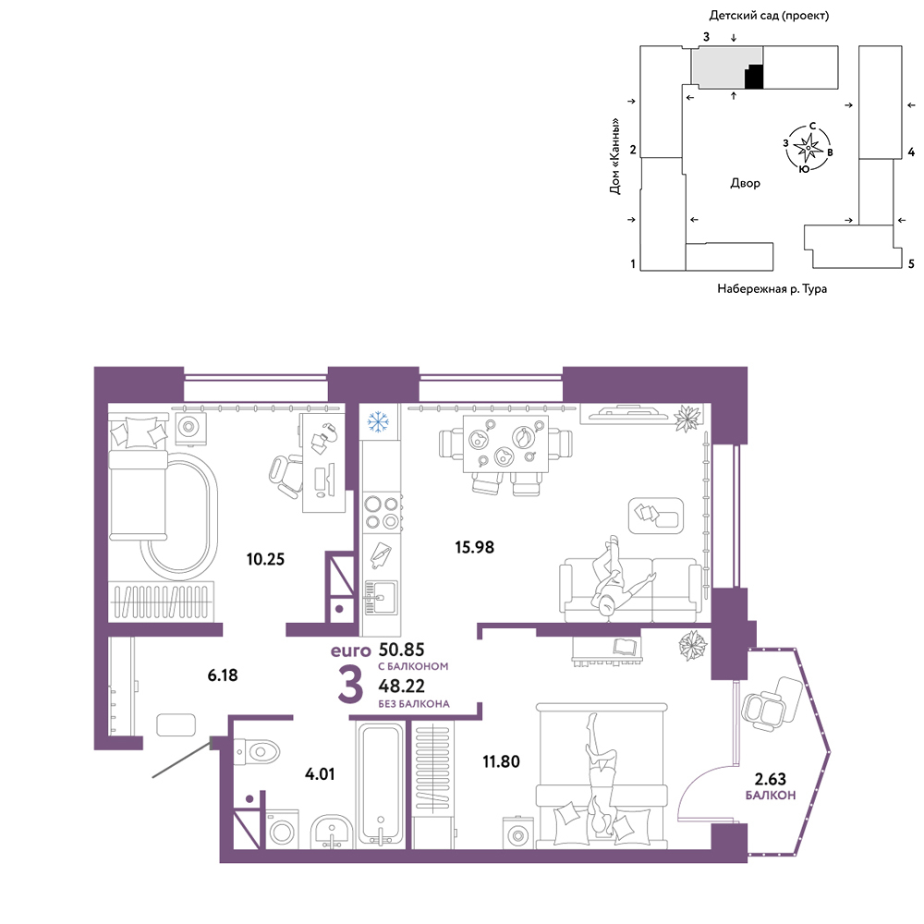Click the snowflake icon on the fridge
378,421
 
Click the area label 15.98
474,547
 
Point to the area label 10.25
265,559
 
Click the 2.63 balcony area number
771,779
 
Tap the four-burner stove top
381,513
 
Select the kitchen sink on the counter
381,597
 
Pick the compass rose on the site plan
808,147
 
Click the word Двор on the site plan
745,183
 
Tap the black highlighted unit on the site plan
755,78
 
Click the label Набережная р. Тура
772,288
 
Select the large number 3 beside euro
350,687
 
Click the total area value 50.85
401,650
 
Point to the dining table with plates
505,444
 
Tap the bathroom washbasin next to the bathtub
332,832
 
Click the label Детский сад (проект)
769,16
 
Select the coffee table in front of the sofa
656,516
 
